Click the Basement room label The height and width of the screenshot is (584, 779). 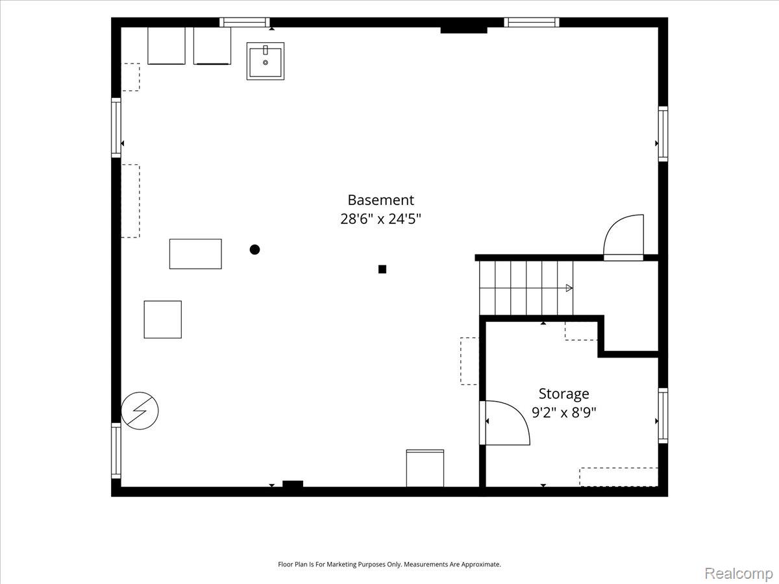380,200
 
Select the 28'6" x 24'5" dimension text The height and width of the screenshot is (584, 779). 380,219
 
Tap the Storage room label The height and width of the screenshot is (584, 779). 563,394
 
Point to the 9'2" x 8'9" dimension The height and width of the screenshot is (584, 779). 563,413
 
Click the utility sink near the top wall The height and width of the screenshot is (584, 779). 266,62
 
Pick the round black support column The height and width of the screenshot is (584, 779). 255,250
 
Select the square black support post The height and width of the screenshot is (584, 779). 382,269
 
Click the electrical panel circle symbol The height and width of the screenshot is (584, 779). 140,411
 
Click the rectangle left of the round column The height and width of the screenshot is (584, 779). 195,254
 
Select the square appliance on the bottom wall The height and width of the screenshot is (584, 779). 425,468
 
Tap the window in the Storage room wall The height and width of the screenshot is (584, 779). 663,415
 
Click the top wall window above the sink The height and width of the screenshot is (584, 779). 245,22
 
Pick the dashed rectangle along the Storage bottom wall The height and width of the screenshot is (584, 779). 619,477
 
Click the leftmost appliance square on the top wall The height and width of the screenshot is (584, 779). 166,45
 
